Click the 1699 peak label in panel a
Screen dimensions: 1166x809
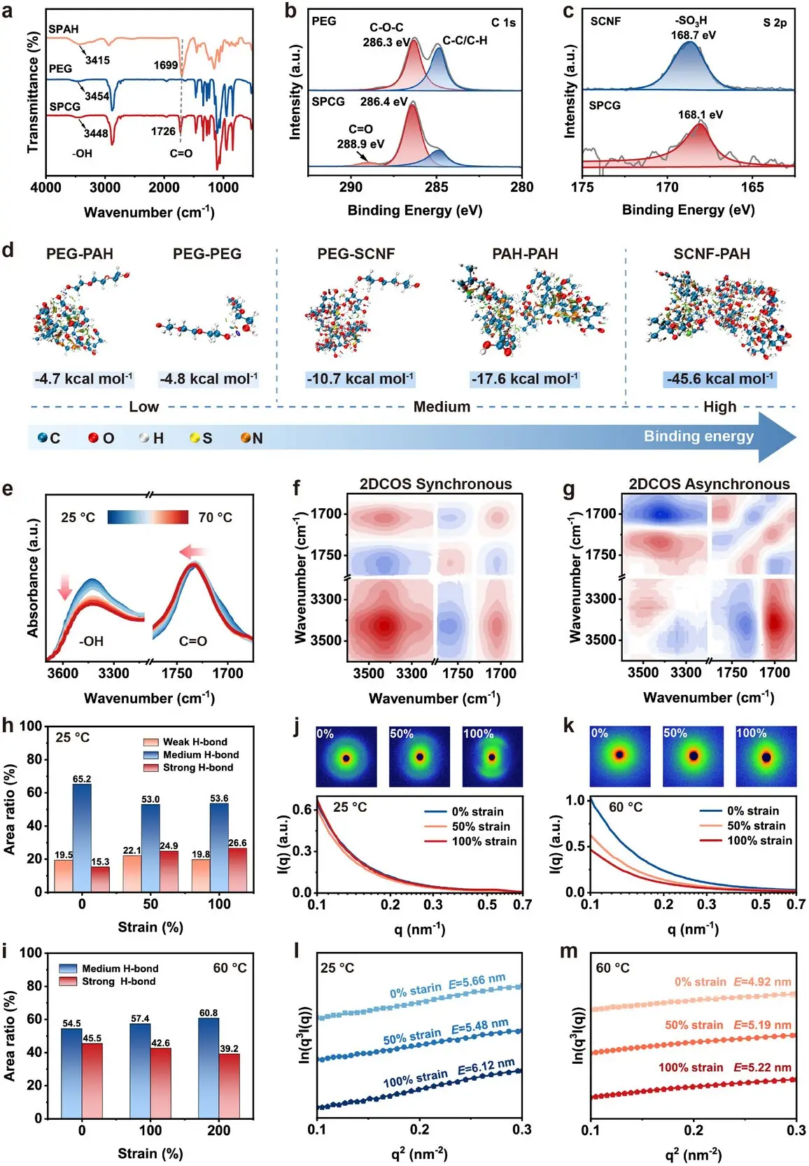(166, 65)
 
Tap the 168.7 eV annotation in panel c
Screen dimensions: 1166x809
(693, 35)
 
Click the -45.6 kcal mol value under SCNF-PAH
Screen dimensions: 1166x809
(719, 379)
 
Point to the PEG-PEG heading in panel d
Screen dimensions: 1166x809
(207, 254)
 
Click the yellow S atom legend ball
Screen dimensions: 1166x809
(195, 438)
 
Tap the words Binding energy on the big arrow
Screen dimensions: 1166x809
(698, 437)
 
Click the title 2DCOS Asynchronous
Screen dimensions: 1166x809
(709, 484)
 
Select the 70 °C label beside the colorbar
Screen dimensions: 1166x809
(215, 517)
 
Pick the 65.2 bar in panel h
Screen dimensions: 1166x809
(82, 836)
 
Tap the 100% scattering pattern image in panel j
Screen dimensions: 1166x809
(492, 757)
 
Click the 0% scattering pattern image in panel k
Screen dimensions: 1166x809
(619, 756)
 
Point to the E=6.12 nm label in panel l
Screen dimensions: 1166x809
(486, 1067)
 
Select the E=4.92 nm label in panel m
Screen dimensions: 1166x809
(762, 982)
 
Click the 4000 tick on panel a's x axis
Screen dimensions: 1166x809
(45, 187)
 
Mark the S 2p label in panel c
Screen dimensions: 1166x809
(775, 22)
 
